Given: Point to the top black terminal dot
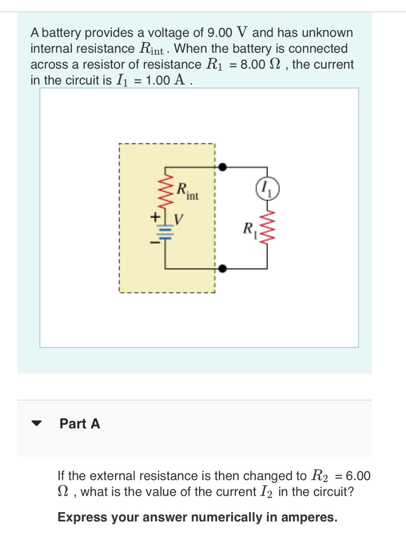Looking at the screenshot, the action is pyautogui.click(x=223, y=167).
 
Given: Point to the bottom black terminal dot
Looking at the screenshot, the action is pyautogui.click(x=223, y=268).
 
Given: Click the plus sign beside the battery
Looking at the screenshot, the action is pyautogui.click(x=155, y=217).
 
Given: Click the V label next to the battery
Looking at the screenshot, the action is pyautogui.click(x=179, y=219).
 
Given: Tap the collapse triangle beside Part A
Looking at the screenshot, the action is pyautogui.click(x=36, y=423).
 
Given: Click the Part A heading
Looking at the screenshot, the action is pyautogui.click(x=80, y=423).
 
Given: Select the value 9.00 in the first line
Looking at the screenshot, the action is pyautogui.click(x=220, y=33).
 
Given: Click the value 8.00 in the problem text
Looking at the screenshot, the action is pyautogui.click(x=253, y=65).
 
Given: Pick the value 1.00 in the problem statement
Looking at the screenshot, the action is pyautogui.click(x=158, y=81).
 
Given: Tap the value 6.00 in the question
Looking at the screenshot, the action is pyautogui.click(x=358, y=476).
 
